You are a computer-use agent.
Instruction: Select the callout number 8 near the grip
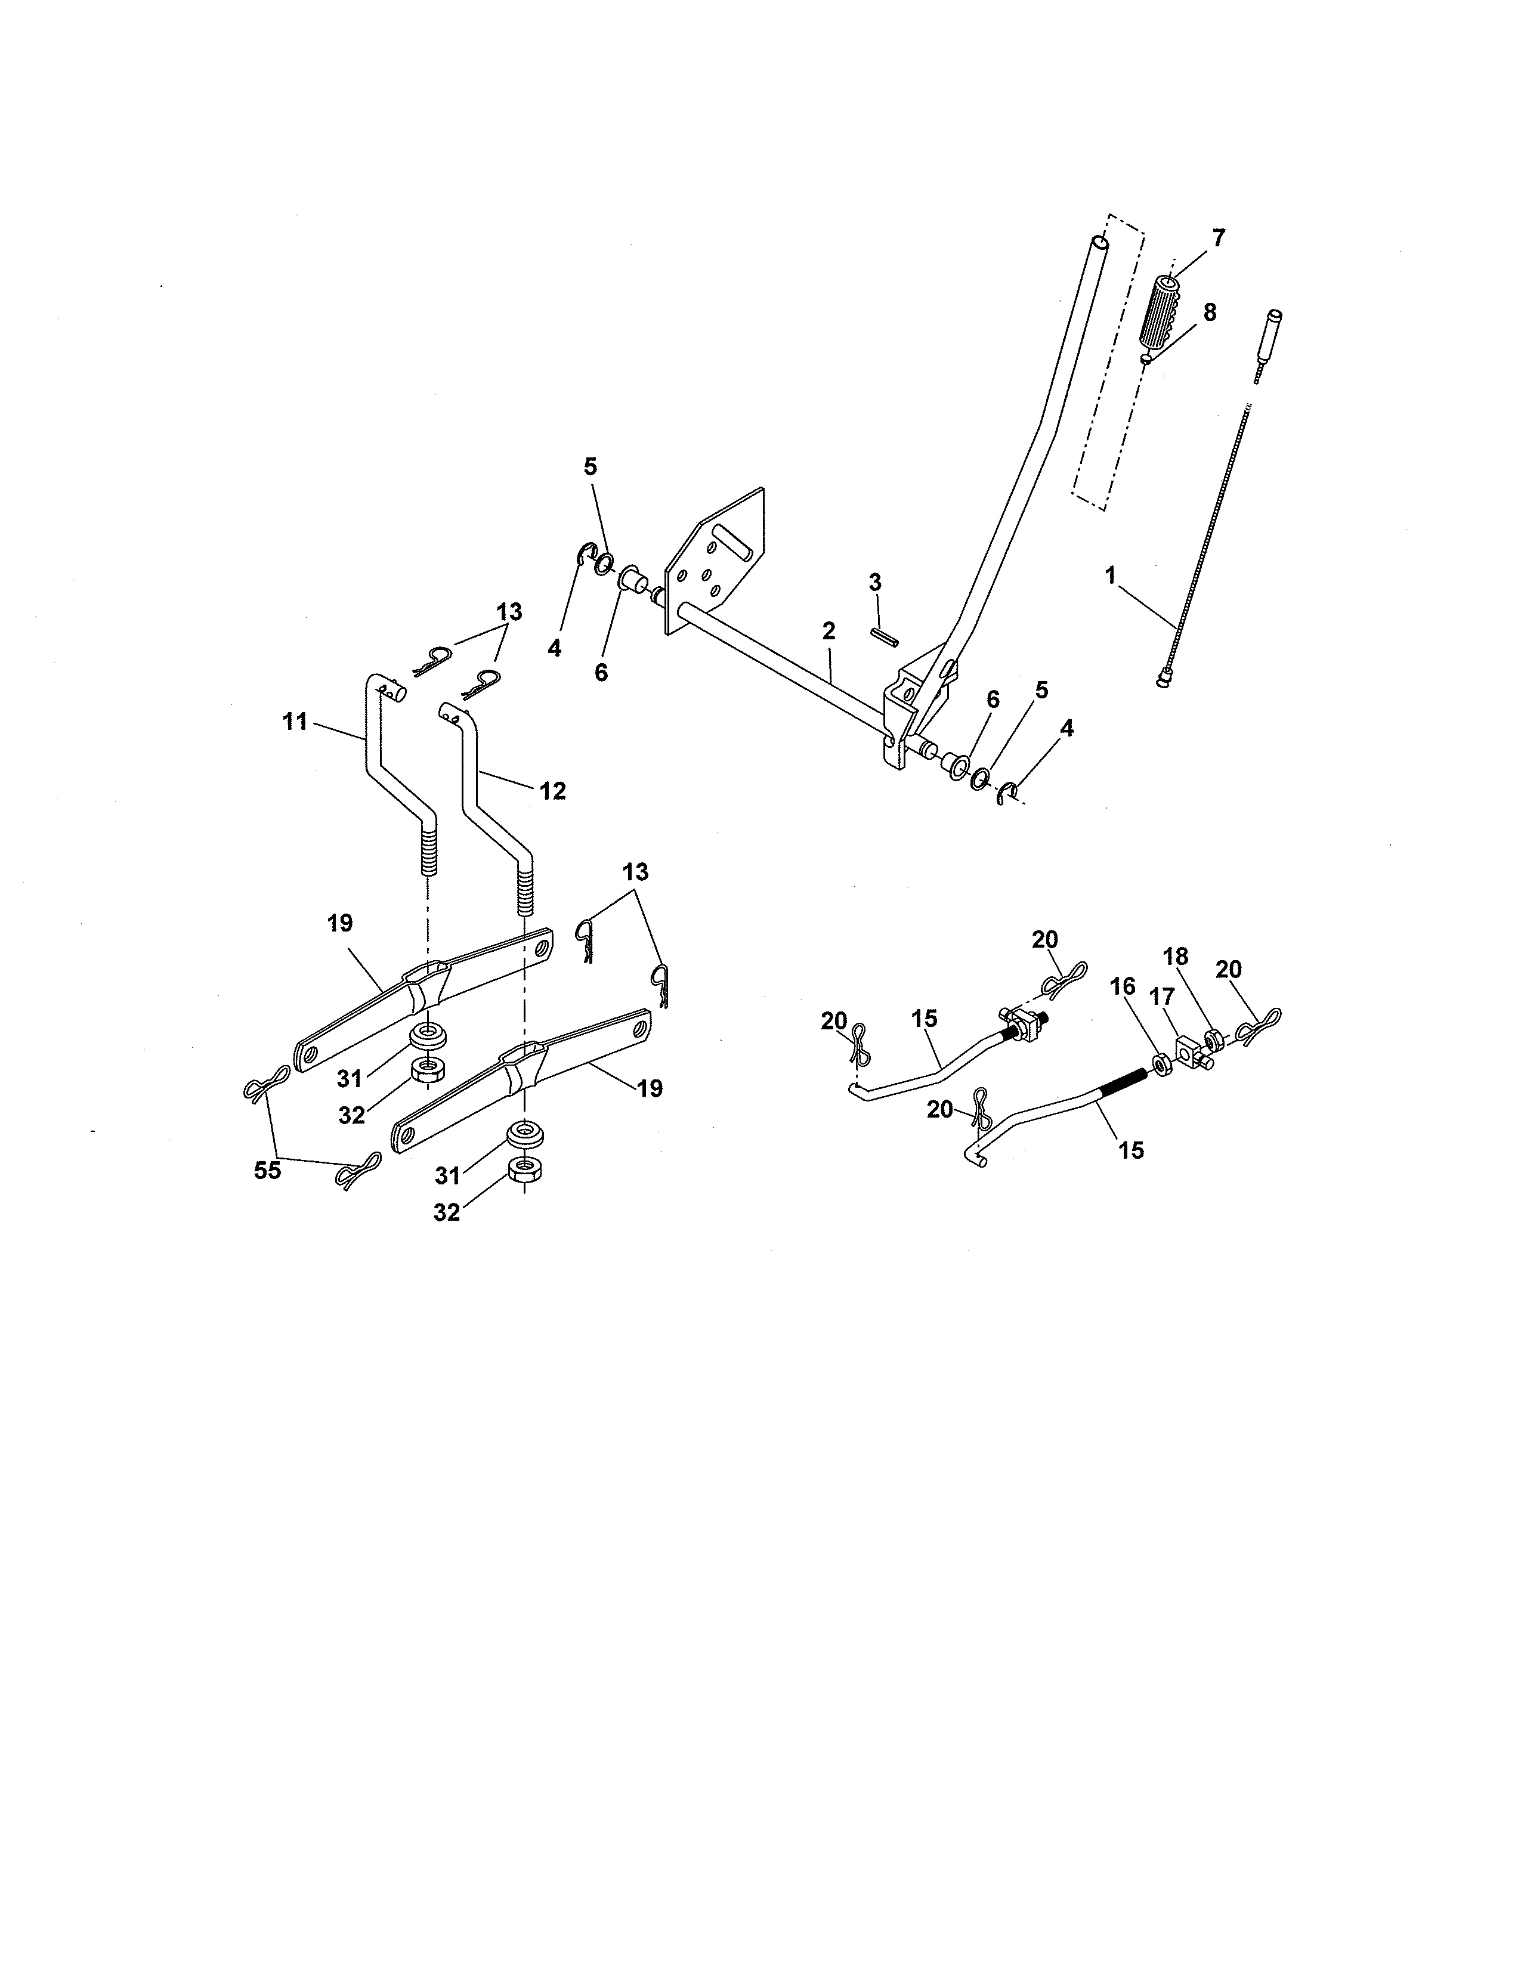coord(1209,312)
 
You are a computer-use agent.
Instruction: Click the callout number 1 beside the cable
coord(1110,574)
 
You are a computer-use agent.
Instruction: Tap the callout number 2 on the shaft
coord(828,631)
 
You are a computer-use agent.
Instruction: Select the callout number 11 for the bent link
coord(295,722)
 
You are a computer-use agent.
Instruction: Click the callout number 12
coord(552,791)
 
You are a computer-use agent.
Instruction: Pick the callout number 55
coord(268,1171)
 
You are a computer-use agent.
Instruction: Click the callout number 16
coord(1123,988)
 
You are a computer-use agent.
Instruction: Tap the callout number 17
coord(1161,998)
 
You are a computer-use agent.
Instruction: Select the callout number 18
coord(1200,956)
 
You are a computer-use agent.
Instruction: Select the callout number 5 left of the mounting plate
coord(590,467)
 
